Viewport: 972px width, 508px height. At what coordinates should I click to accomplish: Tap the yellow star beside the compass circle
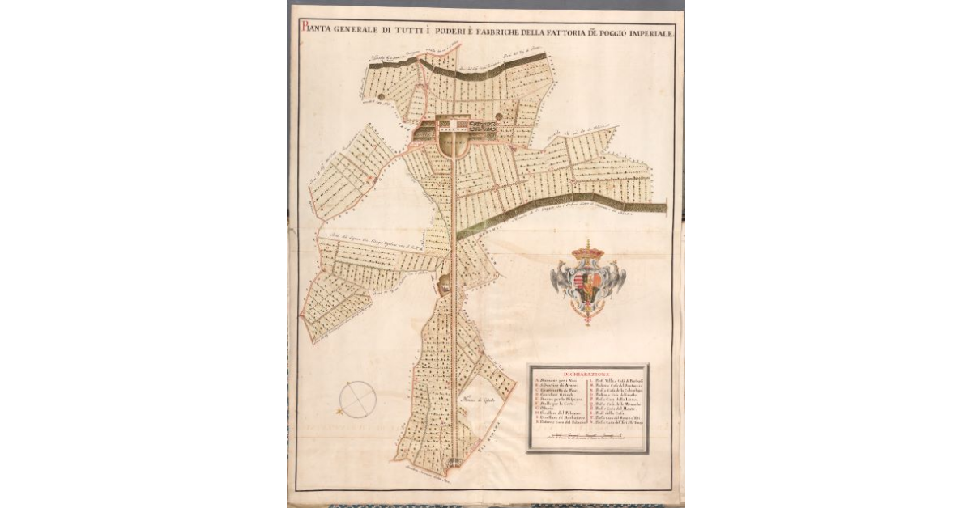click(340, 413)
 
